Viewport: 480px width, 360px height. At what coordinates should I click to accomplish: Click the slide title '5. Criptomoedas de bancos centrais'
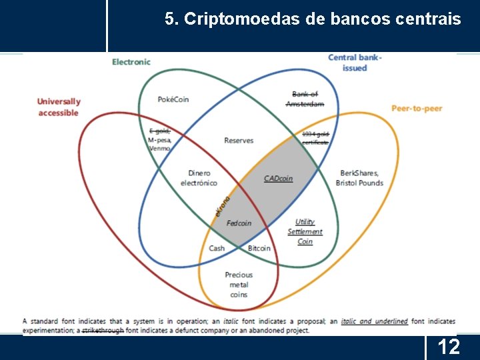click(x=313, y=19)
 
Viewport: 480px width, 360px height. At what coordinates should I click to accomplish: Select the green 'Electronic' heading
click(x=131, y=62)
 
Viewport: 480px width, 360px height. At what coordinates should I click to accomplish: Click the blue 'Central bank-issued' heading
click(x=355, y=63)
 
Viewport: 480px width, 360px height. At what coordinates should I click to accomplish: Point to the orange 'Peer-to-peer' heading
click(x=417, y=109)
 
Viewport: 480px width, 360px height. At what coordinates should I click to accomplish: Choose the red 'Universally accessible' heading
click(x=59, y=107)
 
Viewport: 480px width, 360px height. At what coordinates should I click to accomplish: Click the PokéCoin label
click(x=173, y=99)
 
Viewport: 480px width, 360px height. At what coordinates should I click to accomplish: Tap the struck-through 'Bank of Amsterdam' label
click(x=305, y=99)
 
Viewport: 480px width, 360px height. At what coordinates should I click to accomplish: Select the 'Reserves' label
click(x=239, y=141)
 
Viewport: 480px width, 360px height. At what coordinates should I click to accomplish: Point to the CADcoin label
click(x=278, y=178)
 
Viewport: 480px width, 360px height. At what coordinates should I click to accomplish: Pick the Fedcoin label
click(x=239, y=223)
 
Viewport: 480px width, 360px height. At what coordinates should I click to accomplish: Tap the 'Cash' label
click(x=217, y=248)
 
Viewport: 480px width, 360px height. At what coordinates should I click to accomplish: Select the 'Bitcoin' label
click(x=259, y=248)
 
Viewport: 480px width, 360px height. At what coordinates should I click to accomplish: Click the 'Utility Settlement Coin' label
click(x=305, y=231)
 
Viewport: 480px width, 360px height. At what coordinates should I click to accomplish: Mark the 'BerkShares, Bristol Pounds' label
click(x=359, y=177)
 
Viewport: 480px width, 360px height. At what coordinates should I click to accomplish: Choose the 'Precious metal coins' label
click(x=239, y=285)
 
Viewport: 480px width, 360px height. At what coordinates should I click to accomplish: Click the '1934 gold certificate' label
click(x=316, y=138)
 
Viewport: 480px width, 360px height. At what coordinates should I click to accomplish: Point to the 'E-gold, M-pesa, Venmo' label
click(x=160, y=139)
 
